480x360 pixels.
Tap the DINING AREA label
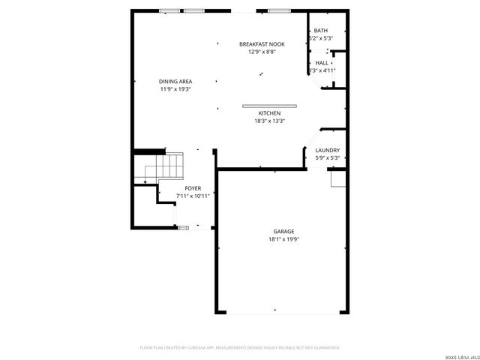click(175, 82)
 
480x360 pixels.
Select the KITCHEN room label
click(269, 113)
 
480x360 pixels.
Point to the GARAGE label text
click(283, 232)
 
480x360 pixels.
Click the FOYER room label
click(192, 188)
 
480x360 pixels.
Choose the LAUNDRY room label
click(327, 151)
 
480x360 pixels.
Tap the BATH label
click(321, 31)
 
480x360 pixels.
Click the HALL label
click(321, 63)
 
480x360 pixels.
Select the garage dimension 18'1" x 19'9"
click(283, 239)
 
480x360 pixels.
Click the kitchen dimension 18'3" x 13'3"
click(269, 121)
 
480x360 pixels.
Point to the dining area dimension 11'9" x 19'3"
click(175, 89)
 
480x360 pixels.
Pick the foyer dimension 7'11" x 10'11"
click(192, 196)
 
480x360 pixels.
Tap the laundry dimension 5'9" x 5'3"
click(327, 158)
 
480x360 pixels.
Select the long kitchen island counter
click(268, 105)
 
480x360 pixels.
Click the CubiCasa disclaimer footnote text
click(240, 347)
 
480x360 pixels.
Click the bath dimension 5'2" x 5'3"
click(320, 38)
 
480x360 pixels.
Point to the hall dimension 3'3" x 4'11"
click(322, 70)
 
